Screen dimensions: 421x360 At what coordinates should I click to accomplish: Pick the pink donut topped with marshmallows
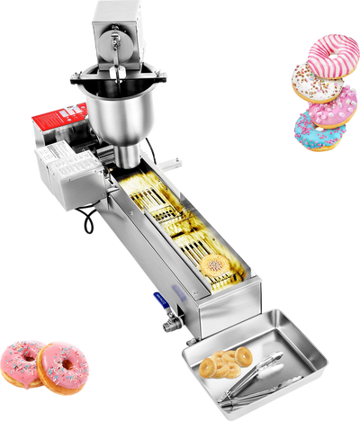coord(335,108)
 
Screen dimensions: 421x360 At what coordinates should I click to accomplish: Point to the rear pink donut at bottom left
coord(20,357)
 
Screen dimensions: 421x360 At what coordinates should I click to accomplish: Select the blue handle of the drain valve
coord(161,300)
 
